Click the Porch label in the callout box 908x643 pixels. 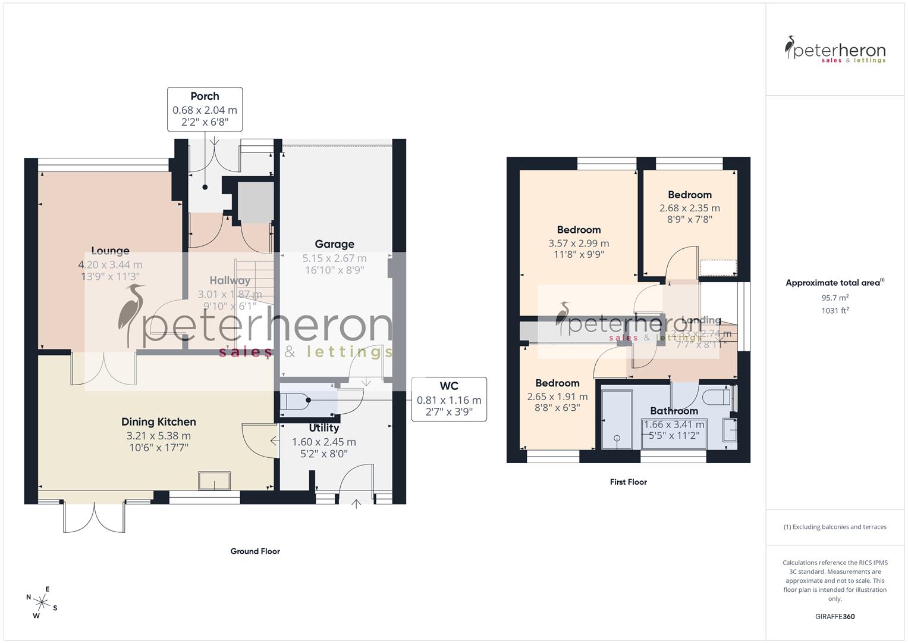(x=205, y=96)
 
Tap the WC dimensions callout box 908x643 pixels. (x=449, y=399)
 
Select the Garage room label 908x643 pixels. (x=334, y=244)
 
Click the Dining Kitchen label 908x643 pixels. (x=158, y=422)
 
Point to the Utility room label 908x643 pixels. (x=324, y=428)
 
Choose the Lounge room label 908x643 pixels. (x=110, y=251)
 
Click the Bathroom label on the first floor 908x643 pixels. (x=674, y=411)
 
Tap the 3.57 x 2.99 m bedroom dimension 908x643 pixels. (x=579, y=243)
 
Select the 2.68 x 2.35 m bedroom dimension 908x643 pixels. (x=689, y=208)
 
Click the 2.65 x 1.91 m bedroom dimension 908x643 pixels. (x=557, y=397)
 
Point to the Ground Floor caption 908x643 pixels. (x=255, y=551)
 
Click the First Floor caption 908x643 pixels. (x=628, y=482)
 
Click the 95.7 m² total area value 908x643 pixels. (x=835, y=298)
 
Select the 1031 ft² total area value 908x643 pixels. (x=835, y=311)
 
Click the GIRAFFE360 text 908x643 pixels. (x=835, y=616)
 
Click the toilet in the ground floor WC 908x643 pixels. (x=294, y=402)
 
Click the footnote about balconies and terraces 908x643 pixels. (x=835, y=527)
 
